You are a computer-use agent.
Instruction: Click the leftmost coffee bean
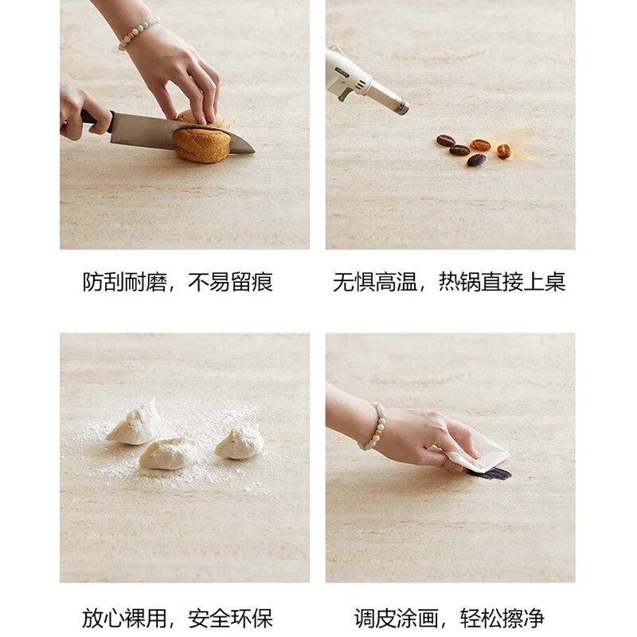(445, 140)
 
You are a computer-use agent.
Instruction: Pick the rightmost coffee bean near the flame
(503, 150)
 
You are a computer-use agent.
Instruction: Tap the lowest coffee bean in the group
(476, 160)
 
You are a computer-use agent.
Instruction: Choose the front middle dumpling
(168, 453)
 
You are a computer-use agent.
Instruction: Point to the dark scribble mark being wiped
(489, 473)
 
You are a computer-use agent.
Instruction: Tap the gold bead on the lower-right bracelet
(377, 432)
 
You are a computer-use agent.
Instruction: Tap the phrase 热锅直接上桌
(502, 283)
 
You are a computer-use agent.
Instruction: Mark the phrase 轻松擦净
(502, 618)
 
